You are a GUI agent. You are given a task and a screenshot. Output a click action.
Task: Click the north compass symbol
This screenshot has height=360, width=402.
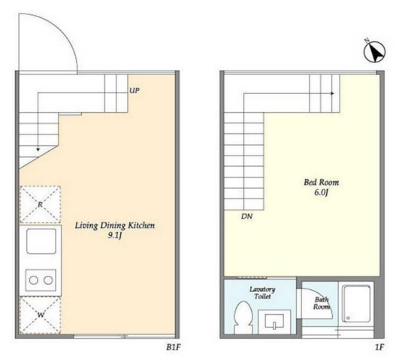(x=374, y=51)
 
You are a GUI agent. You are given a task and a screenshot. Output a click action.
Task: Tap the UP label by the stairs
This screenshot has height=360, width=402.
(x=135, y=90)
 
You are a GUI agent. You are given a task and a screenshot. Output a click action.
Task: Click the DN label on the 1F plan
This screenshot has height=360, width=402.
(x=246, y=216)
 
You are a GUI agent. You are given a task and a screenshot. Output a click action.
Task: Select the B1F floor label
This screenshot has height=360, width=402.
(x=174, y=347)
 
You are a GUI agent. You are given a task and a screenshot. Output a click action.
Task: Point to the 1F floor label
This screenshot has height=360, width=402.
(x=379, y=347)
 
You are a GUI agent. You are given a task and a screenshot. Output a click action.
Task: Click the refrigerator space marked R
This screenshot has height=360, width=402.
(x=41, y=204)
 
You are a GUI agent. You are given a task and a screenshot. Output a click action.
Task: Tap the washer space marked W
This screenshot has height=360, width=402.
(x=41, y=315)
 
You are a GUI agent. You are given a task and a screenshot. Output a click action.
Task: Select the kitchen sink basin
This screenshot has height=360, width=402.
(x=41, y=241)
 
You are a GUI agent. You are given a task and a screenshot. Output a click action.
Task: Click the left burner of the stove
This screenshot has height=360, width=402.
(x=34, y=280)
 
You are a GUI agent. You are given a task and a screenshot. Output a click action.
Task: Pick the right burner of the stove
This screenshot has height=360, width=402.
(x=48, y=280)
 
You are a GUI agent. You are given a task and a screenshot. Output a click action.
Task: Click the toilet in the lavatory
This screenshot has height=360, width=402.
(x=243, y=317)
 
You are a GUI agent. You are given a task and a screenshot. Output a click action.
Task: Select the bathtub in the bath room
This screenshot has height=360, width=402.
(x=357, y=304)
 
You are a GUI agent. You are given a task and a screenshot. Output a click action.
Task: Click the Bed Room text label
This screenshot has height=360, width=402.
(x=322, y=183)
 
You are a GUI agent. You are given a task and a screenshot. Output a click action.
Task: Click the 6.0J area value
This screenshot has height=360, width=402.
(x=322, y=192)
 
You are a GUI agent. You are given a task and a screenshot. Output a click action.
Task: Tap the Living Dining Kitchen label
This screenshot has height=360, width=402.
(x=115, y=225)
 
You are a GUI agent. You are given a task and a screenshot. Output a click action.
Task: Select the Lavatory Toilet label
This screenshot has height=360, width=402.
(x=262, y=293)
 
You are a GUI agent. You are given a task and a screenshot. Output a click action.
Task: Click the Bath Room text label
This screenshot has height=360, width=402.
(x=322, y=303)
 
